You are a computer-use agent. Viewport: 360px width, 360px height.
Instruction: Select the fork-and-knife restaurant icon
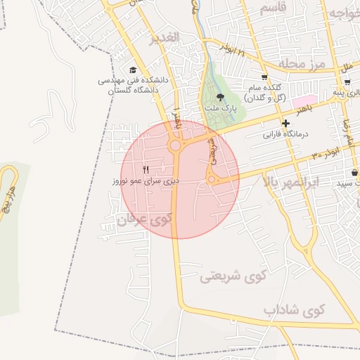(146, 169)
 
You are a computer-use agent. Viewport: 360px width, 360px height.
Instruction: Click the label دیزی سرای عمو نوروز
(146, 181)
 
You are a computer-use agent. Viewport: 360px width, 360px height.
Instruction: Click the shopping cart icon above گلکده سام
(264, 77)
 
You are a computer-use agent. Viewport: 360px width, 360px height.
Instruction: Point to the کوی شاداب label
(295, 309)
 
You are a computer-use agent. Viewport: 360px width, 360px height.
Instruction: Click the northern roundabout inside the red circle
(174, 146)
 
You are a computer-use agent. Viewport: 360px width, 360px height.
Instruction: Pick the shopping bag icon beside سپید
(354, 172)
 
